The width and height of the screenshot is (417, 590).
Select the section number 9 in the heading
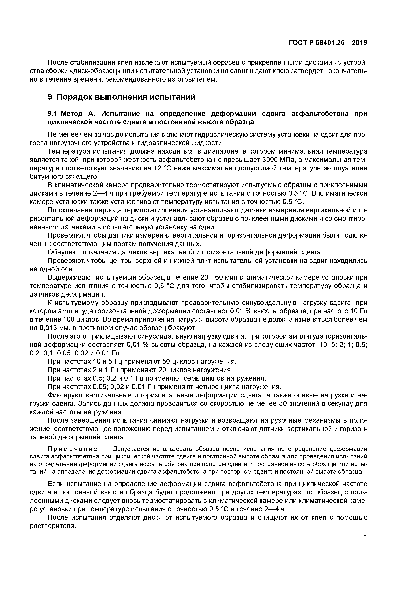[50, 97]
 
